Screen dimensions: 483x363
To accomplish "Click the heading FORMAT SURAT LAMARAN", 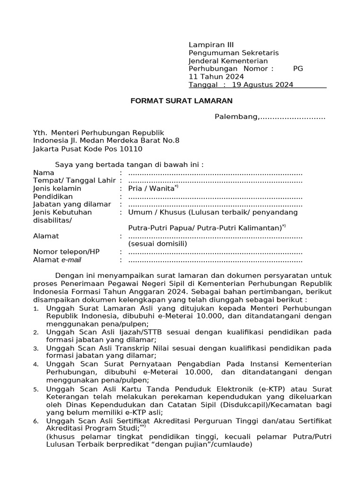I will coord(181,101).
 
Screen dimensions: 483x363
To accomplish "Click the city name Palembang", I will coord(236,117).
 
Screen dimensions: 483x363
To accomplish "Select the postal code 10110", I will coord(131,149).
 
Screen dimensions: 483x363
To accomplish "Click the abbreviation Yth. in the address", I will coord(40,133).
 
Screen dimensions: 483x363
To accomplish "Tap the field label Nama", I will coord(43,173).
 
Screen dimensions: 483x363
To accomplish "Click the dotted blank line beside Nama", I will coord(215,173).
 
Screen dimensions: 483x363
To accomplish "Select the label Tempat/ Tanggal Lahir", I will coord(75,181).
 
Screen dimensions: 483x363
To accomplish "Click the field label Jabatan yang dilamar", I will coord(72,204).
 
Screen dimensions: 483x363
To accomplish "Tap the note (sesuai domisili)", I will coord(158,244).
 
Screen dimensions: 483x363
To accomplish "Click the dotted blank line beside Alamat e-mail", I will coord(215,260).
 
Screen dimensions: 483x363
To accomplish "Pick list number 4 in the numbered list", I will coord(36,365).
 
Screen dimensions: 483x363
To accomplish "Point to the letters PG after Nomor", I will coord(298,68).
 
